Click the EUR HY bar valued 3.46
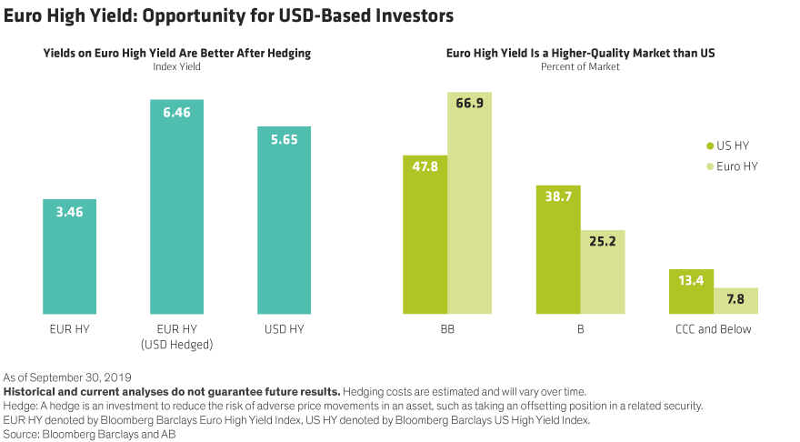(69, 256)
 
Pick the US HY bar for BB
(425, 235)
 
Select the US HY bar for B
(558, 249)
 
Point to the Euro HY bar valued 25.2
(603, 272)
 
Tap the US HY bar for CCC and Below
(692, 291)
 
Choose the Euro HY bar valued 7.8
(736, 300)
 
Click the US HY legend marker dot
(710, 146)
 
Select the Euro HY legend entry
(732, 166)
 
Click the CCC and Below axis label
(714, 329)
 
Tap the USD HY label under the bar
(285, 329)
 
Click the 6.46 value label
(177, 113)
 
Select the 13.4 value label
(692, 283)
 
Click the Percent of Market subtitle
(580, 67)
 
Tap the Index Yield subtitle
(176, 67)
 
